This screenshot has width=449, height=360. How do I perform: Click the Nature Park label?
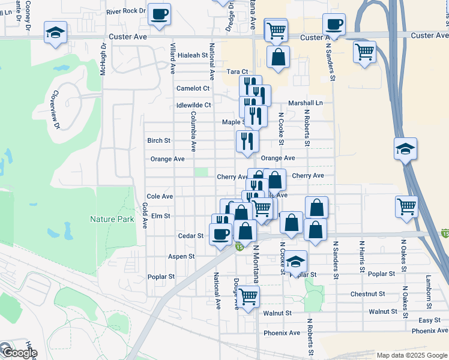pos(112,220)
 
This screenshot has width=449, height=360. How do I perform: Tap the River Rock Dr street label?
pos(126,11)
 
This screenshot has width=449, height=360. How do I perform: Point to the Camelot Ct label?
pos(193,88)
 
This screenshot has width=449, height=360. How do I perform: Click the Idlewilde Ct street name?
pos(194,105)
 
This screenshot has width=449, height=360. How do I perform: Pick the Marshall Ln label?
pos(305,103)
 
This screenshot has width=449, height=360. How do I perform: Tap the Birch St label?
pos(159,140)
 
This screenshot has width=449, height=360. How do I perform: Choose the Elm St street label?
pos(161,215)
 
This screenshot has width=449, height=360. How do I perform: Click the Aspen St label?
pos(182,256)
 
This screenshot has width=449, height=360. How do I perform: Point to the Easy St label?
pos(430,320)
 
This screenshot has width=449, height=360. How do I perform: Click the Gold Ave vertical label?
pos(145,215)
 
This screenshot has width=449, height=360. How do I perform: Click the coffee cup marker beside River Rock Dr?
pos(159,14)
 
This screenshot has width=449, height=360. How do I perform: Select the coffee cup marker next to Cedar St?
pos(220,235)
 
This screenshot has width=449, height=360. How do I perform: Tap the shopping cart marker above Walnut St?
pos(248,296)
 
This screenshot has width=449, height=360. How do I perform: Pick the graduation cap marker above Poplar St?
pos(295,262)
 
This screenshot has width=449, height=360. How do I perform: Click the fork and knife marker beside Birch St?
pos(247,142)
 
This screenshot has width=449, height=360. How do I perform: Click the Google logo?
pos(19,352)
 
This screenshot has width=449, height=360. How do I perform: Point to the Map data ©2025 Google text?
pos(411,355)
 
